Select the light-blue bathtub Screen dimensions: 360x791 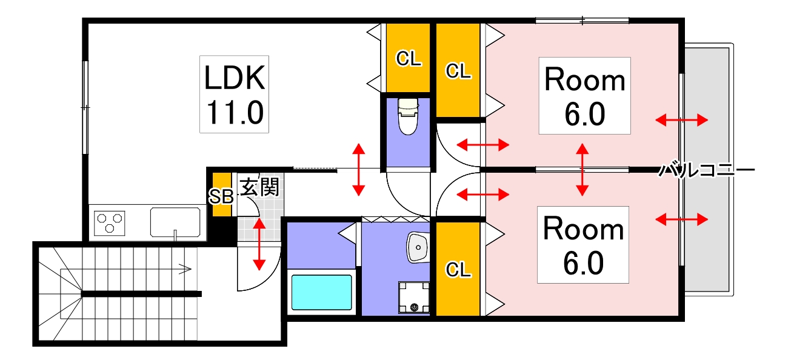(x=321, y=292)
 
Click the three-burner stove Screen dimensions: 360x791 (x=110, y=222)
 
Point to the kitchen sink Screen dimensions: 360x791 (x=176, y=222)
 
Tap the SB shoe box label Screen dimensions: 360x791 (x=221, y=196)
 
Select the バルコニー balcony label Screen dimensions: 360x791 (x=707, y=170)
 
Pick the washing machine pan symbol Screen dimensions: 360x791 (x=414, y=298)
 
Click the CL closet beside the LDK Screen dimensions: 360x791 (x=409, y=58)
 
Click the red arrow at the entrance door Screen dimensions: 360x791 (x=259, y=244)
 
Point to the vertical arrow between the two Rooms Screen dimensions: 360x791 (x=582, y=169)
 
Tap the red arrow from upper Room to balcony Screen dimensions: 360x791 (x=681, y=120)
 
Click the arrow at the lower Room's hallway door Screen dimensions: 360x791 (x=482, y=195)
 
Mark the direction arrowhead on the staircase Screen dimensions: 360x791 (x=188, y=268)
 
